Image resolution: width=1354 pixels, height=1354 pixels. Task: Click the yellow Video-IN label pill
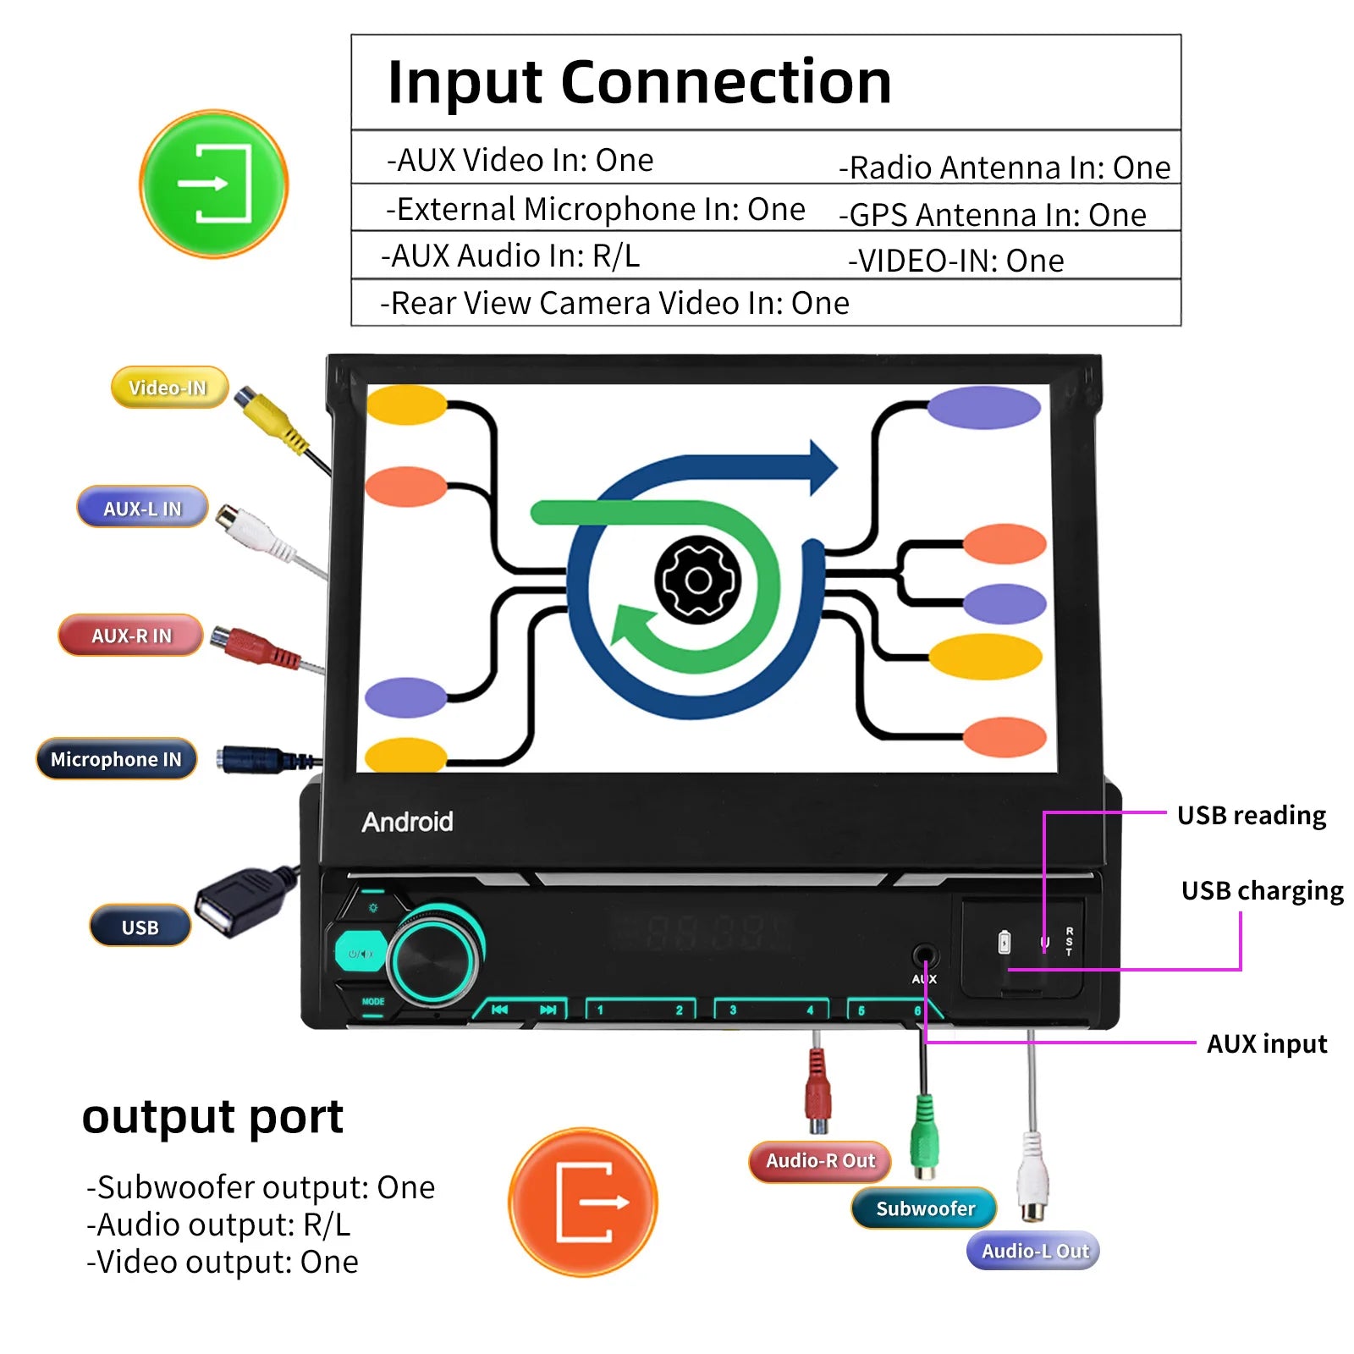(x=168, y=388)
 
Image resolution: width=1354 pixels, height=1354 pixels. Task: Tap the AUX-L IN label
(x=142, y=508)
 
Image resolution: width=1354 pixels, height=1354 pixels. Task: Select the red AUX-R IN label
(x=131, y=636)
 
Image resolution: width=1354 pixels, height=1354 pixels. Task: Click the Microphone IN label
(x=116, y=759)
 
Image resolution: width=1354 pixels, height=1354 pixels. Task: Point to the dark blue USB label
(x=140, y=927)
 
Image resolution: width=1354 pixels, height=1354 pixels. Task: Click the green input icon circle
(x=214, y=184)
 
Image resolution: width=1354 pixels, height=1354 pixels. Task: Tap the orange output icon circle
(x=583, y=1202)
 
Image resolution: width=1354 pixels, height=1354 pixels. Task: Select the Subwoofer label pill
(x=924, y=1208)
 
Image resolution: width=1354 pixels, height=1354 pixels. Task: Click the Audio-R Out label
(x=820, y=1161)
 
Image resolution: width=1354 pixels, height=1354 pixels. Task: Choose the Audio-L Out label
(x=1034, y=1251)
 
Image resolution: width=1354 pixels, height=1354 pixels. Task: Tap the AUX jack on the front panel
(x=924, y=957)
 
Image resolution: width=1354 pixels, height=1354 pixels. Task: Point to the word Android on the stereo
(x=407, y=822)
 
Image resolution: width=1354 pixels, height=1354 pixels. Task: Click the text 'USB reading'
(x=1251, y=815)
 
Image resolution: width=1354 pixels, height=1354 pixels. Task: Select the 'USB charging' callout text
(x=1262, y=890)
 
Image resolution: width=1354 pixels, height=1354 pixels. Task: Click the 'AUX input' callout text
(x=1266, y=1043)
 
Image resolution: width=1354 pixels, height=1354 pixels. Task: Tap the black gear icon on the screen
(x=698, y=581)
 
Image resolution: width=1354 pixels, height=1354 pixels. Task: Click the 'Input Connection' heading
(x=639, y=82)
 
